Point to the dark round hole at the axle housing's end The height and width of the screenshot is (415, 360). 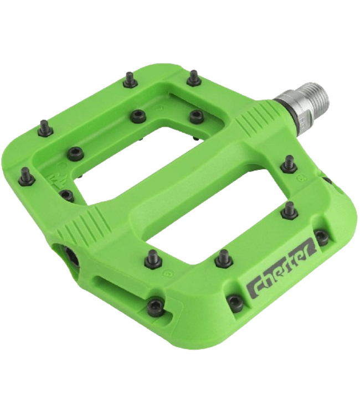coord(70,255)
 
